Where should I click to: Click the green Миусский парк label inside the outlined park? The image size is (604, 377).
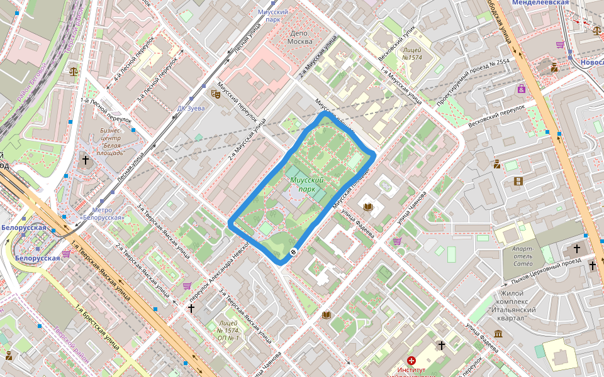(306, 184)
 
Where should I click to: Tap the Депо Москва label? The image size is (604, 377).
(300, 37)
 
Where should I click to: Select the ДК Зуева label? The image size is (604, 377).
(191, 108)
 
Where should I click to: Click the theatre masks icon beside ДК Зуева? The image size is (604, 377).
(215, 94)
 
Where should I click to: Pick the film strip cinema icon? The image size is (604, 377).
(518, 182)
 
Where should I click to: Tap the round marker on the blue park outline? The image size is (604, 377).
(293, 252)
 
